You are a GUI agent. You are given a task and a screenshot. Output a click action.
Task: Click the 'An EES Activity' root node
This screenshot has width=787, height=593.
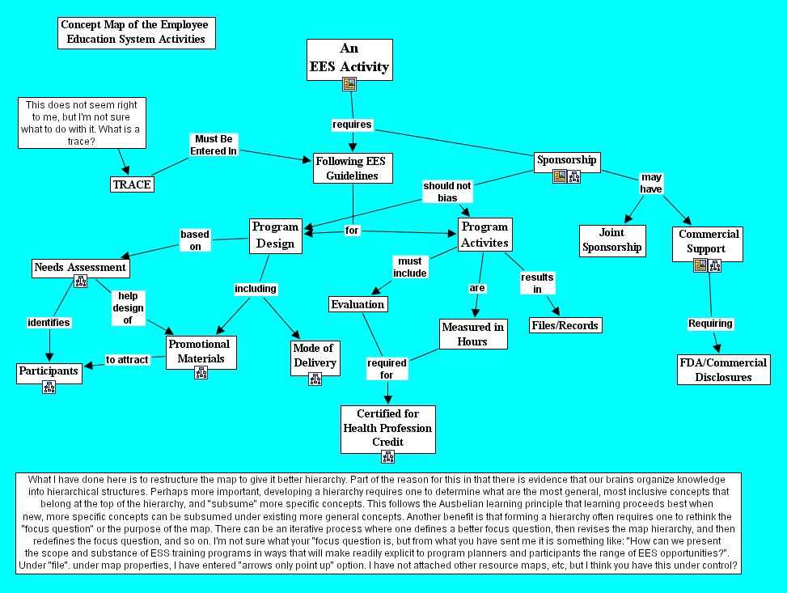(x=349, y=59)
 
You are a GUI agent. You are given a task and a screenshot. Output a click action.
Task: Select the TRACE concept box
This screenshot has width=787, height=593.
(x=132, y=184)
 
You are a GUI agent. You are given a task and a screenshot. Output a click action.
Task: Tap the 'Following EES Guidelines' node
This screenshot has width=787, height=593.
(x=351, y=168)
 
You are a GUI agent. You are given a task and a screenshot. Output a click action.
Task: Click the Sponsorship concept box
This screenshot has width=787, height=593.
(x=567, y=160)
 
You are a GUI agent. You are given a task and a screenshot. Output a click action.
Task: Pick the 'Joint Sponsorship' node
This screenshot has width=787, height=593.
(x=612, y=240)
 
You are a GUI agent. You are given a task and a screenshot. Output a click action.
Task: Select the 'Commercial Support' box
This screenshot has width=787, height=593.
(x=709, y=241)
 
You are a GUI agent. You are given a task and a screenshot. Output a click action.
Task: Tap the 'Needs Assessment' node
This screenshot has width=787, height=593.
(x=80, y=267)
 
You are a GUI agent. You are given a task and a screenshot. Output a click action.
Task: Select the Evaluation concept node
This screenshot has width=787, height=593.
(x=358, y=304)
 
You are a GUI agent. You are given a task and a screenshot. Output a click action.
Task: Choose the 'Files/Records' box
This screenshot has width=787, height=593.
(x=565, y=325)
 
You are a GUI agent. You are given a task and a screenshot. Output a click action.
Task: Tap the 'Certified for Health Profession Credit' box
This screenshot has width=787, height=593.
(x=387, y=428)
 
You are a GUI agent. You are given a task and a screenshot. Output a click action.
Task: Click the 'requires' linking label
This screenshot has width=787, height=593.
(x=353, y=125)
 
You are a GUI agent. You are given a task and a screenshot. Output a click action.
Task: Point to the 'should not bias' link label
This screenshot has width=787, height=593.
(x=446, y=191)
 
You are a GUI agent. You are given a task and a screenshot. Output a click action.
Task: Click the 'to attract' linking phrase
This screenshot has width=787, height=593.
(x=128, y=360)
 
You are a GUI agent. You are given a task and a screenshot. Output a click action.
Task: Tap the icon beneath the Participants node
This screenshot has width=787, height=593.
(x=49, y=387)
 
